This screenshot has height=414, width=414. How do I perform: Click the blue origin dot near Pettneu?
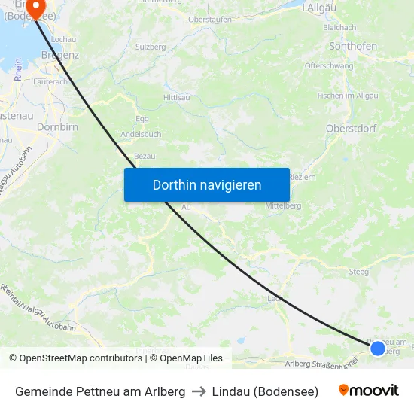tap(378, 348)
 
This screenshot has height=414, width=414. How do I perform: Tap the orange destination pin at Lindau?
tap(35, 10)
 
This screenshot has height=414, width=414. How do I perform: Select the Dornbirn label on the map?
tap(58, 127)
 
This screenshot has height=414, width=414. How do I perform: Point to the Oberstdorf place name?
tap(351, 128)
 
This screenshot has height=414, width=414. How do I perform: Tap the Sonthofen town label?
tap(353, 46)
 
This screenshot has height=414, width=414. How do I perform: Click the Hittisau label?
tap(176, 98)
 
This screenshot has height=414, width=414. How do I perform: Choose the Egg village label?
tap(142, 119)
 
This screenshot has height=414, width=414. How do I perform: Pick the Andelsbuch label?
tap(141, 135)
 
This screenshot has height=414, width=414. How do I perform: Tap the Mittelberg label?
tap(283, 205)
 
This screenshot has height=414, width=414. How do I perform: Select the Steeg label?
tap(358, 271)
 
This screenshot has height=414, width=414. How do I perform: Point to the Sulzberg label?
tap(151, 47)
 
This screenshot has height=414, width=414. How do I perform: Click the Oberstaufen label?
tap(210, 20)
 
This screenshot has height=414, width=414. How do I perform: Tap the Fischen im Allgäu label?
tap(347, 95)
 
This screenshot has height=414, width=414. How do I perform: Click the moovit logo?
tap(369, 391)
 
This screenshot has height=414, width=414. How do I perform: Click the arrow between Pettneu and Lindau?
tap(199, 391)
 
